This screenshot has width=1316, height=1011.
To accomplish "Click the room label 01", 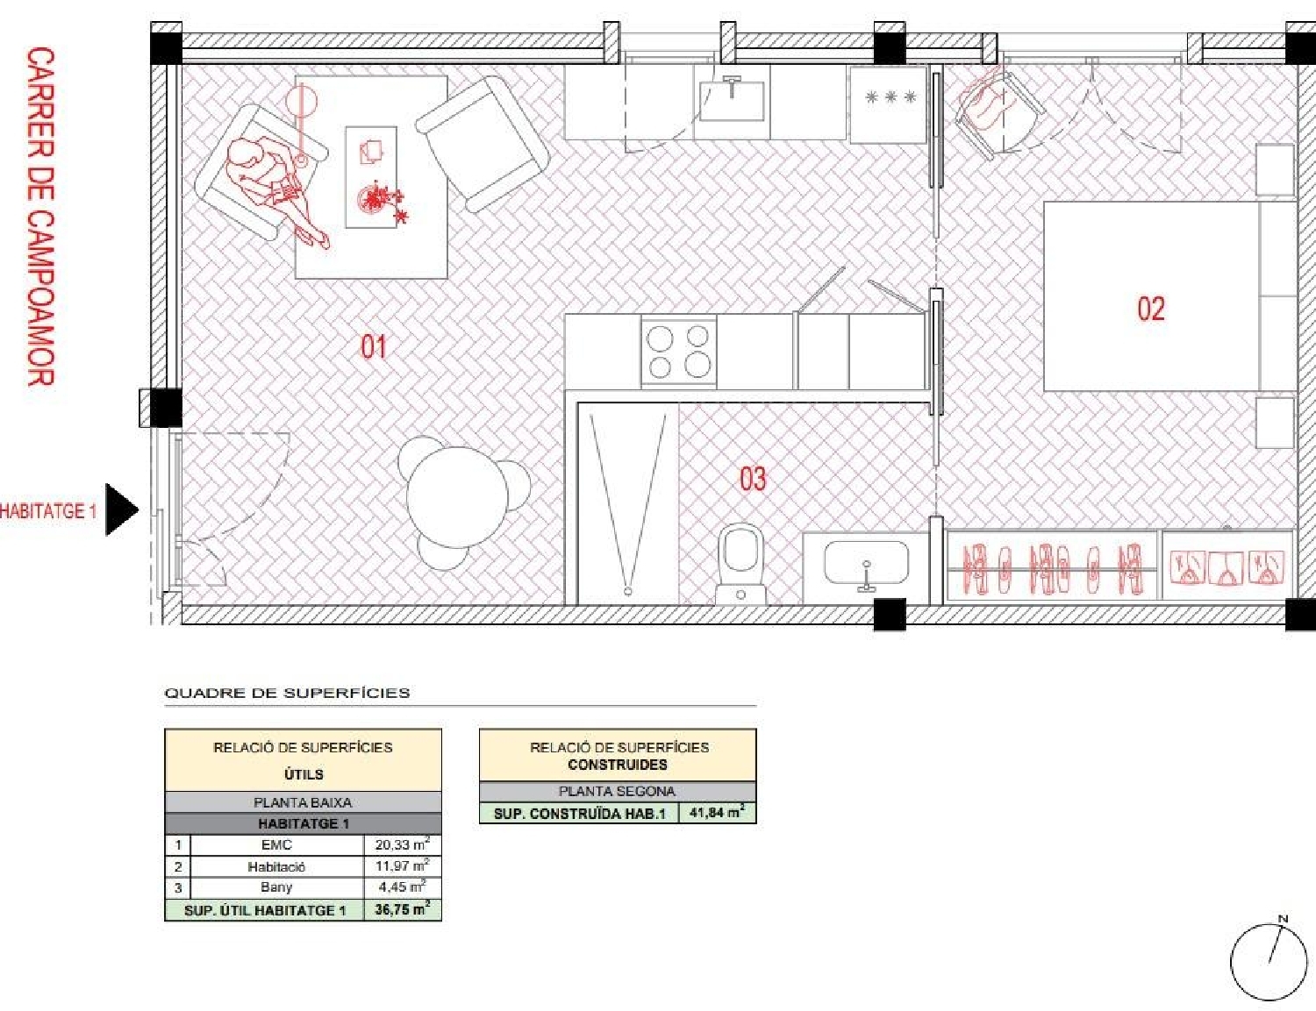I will point(373,346).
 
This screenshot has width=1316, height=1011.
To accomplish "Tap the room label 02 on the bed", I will point(1150,309).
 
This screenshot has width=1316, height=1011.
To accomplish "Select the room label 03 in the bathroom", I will point(752,479).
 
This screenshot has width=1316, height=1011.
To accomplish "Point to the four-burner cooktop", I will point(678,352).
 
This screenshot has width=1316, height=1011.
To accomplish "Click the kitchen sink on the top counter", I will point(732,100).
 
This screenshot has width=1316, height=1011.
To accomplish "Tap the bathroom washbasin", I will point(866,564).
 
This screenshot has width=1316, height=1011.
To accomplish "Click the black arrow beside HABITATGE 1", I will point(121,509).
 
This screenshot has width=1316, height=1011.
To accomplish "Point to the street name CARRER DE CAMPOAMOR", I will point(40,217).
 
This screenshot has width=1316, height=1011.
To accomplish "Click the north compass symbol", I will point(1269,961).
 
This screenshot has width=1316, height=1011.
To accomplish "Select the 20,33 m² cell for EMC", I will point(402,844).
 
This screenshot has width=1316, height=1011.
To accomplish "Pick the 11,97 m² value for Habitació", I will point(402,866).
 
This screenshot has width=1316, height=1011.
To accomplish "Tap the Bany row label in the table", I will point(276,887).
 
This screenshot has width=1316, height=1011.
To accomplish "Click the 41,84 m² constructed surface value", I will point(716,813).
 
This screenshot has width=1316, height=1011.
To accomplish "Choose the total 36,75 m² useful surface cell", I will point(402,909).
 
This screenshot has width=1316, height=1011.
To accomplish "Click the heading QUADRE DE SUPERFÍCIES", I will point(287,693).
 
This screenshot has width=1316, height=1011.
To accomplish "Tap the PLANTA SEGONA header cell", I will point(617,791).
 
